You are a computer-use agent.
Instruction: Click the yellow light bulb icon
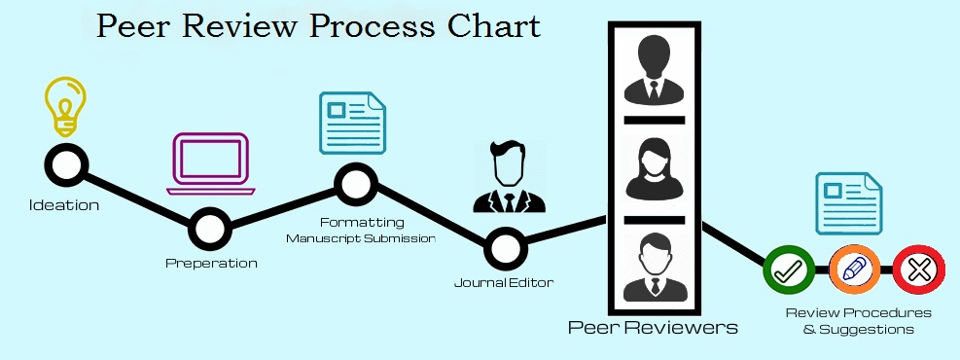[65, 105]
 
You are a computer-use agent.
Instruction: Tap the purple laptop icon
[211, 163]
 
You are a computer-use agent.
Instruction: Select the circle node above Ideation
[66, 164]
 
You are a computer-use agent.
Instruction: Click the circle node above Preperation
[209, 229]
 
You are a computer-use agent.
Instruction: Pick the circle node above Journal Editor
[506, 248]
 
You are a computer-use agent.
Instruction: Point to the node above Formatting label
[356, 184]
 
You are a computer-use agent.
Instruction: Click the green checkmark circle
[789, 270]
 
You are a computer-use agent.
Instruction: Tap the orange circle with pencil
[855, 270]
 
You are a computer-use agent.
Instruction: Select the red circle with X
[919, 270]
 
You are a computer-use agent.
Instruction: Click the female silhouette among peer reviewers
[654, 168]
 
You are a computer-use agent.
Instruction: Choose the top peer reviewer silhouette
[654, 68]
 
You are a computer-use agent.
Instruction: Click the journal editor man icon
[508, 177]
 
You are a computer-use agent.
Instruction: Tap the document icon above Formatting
[353, 123]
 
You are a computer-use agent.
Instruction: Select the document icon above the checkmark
[848, 204]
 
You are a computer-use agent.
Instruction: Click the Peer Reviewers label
[653, 327]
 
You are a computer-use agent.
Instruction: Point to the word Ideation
[63, 205]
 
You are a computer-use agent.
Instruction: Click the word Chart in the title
[493, 25]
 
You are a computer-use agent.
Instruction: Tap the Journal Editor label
[503, 283]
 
